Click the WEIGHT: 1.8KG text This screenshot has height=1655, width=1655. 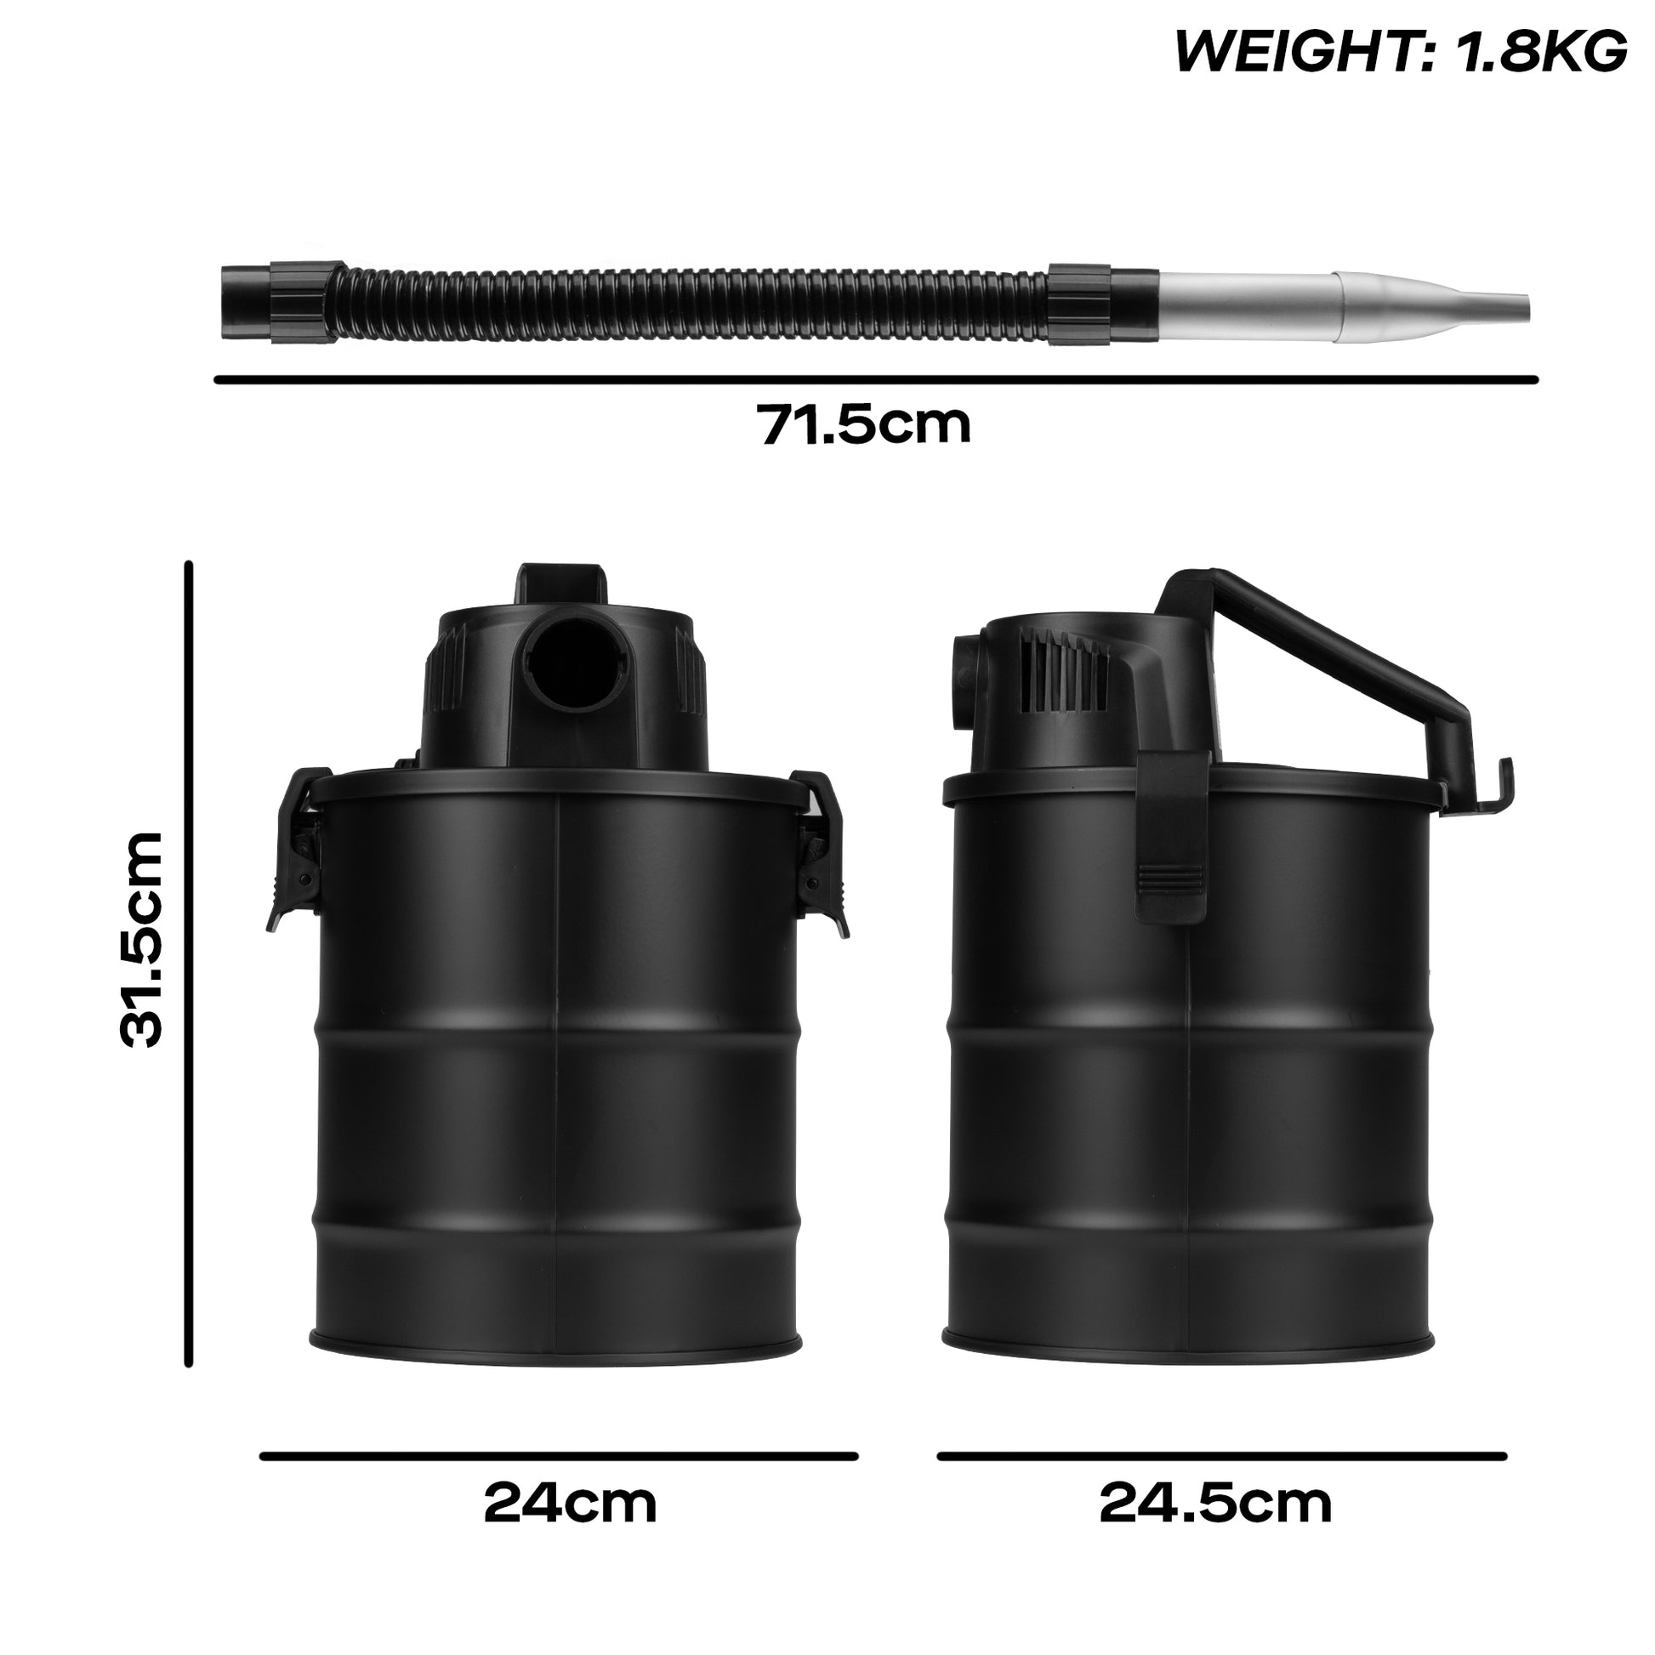click(1401, 51)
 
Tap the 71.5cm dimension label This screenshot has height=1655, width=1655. click(865, 424)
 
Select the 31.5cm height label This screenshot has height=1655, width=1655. click(140, 939)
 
